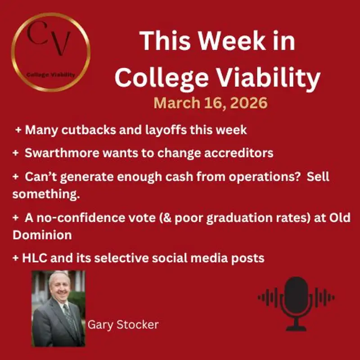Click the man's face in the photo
coord(58,290)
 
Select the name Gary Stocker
coord(123,324)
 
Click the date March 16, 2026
coord(211,103)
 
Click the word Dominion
coord(36,235)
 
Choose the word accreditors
coord(238,153)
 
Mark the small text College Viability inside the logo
coord(50,75)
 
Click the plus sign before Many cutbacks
coord(18,130)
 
